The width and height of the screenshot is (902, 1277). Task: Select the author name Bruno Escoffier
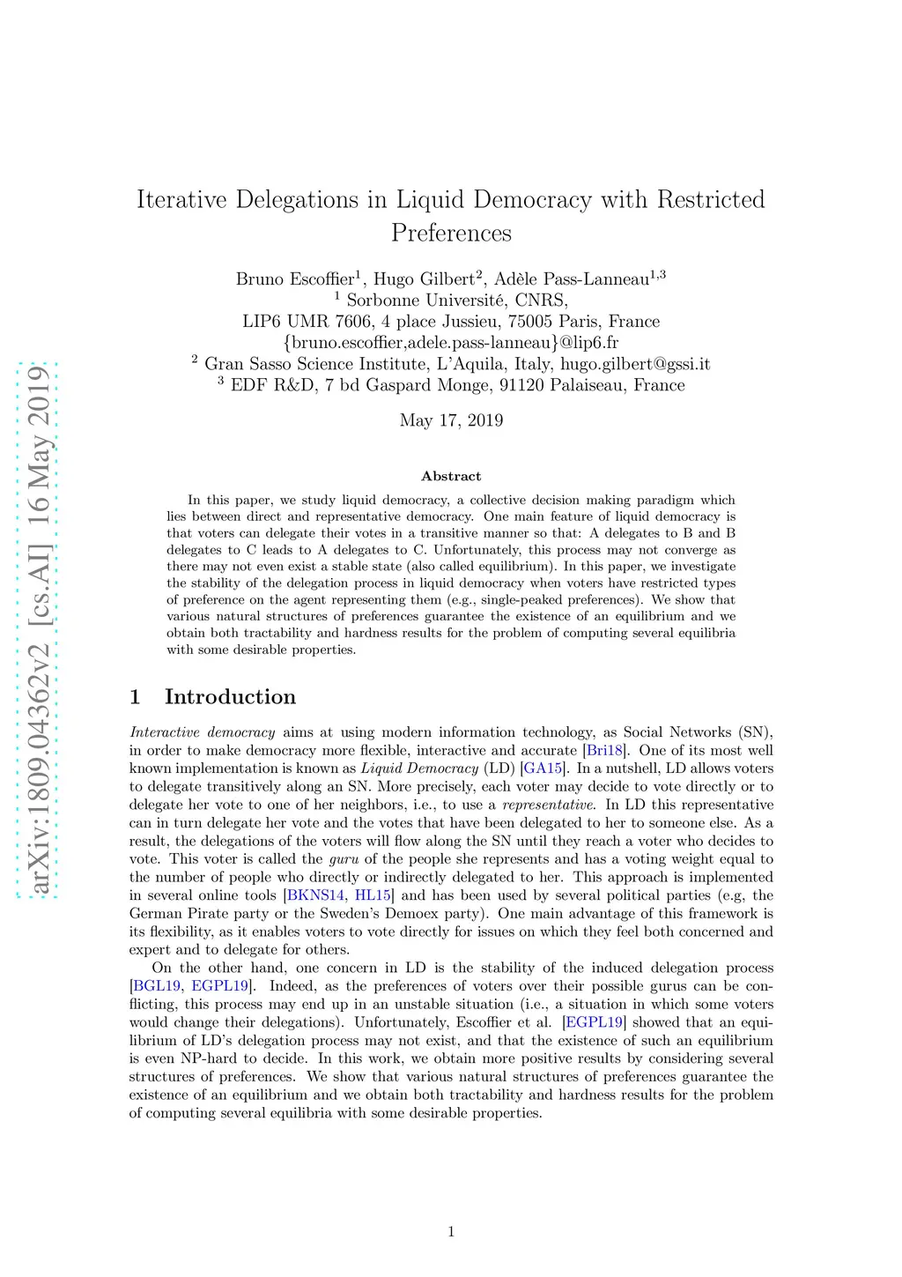click(x=294, y=279)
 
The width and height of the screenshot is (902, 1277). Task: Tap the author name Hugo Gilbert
click(x=424, y=279)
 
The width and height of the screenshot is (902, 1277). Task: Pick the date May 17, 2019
click(x=451, y=420)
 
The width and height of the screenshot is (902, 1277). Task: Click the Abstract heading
click(x=451, y=476)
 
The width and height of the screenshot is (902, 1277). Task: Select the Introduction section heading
click(x=229, y=697)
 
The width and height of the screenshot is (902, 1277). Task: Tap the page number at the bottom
click(x=451, y=1232)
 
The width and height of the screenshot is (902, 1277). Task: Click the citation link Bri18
click(x=604, y=751)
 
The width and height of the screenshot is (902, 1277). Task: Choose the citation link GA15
click(x=543, y=768)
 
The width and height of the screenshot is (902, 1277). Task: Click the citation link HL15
click(x=373, y=895)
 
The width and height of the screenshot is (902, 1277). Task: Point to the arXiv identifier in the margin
click(x=37, y=630)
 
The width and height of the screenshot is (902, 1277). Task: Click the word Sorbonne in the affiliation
click(x=383, y=301)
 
